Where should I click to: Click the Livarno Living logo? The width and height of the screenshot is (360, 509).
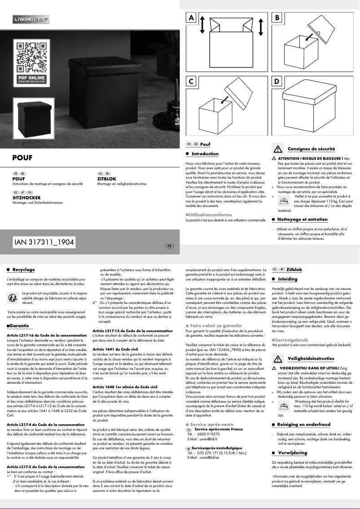click(x=31, y=20)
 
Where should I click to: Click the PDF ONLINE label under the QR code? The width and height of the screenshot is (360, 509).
click(x=31, y=78)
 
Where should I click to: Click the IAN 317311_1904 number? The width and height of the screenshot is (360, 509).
click(x=44, y=241)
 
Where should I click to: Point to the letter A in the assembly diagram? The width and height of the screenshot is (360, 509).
click(x=192, y=18)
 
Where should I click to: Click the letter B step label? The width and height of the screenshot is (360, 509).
click(x=277, y=18)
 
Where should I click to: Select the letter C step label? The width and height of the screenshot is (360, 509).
click(x=192, y=82)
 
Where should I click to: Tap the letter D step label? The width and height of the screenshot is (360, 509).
click(x=277, y=82)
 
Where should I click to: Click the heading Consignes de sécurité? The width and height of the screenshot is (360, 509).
click(x=311, y=149)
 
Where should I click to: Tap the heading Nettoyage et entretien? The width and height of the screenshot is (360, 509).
click(x=302, y=219)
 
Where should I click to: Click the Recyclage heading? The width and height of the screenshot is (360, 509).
click(x=23, y=270)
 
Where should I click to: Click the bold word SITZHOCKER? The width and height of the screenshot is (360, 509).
click(x=26, y=197)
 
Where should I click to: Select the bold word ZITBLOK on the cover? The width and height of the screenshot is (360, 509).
click(x=107, y=179)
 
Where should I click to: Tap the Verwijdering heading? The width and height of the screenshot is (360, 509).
click(x=292, y=453)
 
